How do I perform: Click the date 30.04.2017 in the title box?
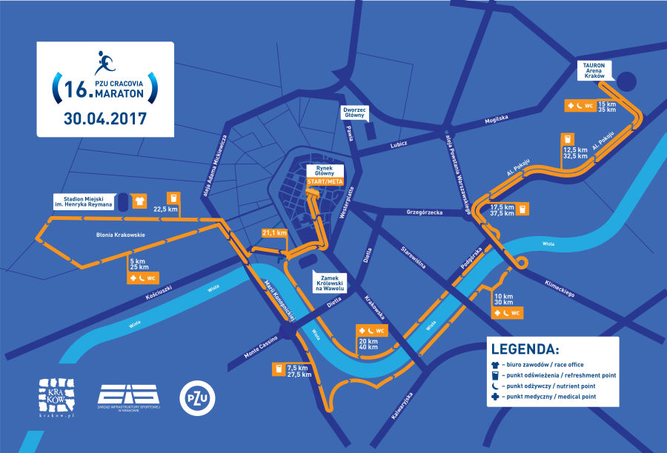[x=105, y=118]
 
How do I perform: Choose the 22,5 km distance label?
[x=165, y=209]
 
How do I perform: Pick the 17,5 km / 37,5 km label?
[x=502, y=210]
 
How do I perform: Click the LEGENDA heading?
[x=525, y=349]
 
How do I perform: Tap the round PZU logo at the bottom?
[x=193, y=397]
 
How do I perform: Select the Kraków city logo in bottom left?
[x=57, y=395]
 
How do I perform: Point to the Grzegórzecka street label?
[x=424, y=212]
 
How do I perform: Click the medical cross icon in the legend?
[x=494, y=397]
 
